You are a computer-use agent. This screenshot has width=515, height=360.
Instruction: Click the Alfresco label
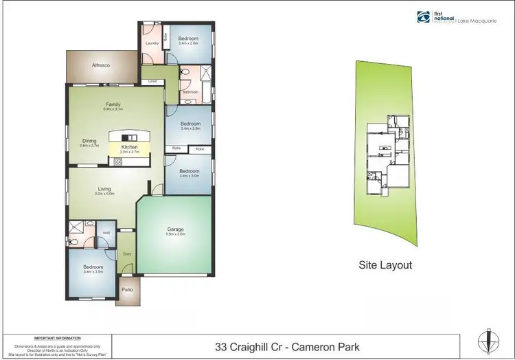click(x=102, y=65)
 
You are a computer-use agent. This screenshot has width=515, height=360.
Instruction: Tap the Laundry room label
click(x=152, y=43)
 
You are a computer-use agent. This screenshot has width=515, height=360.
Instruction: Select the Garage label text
click(x=175, y=229)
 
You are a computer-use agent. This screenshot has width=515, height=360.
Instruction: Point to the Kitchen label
click(x=130, y=147)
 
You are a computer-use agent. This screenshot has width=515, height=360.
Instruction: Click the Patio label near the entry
click(x=127, y=290)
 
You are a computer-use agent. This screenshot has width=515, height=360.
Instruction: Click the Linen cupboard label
click(x=152, y=82)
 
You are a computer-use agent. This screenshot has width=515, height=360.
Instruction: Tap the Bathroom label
click(x=190, y=91)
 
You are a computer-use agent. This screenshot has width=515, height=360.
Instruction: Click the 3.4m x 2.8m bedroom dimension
click(x=188, y=43)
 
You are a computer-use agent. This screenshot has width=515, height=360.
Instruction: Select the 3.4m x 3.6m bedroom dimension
click(x=93, y=272)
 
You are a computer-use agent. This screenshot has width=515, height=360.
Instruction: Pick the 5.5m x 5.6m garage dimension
click(x=175, y=235)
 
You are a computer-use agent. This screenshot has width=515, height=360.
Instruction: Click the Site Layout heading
click(x=386, y=265)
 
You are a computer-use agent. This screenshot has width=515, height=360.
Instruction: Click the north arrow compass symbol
click(x=488, y=341)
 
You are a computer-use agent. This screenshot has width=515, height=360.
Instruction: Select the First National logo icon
click(x=422, y=17)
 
